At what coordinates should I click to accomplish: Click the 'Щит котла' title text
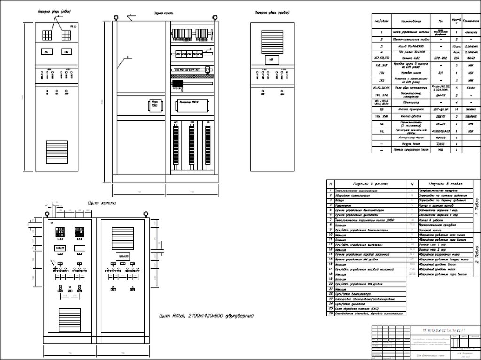click(102, 203)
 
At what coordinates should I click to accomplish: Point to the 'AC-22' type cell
click(441, 123)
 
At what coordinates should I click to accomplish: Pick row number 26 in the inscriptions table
click(331, 313)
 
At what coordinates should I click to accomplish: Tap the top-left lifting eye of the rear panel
click(115, 17)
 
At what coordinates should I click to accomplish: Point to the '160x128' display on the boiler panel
click(122, 256)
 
